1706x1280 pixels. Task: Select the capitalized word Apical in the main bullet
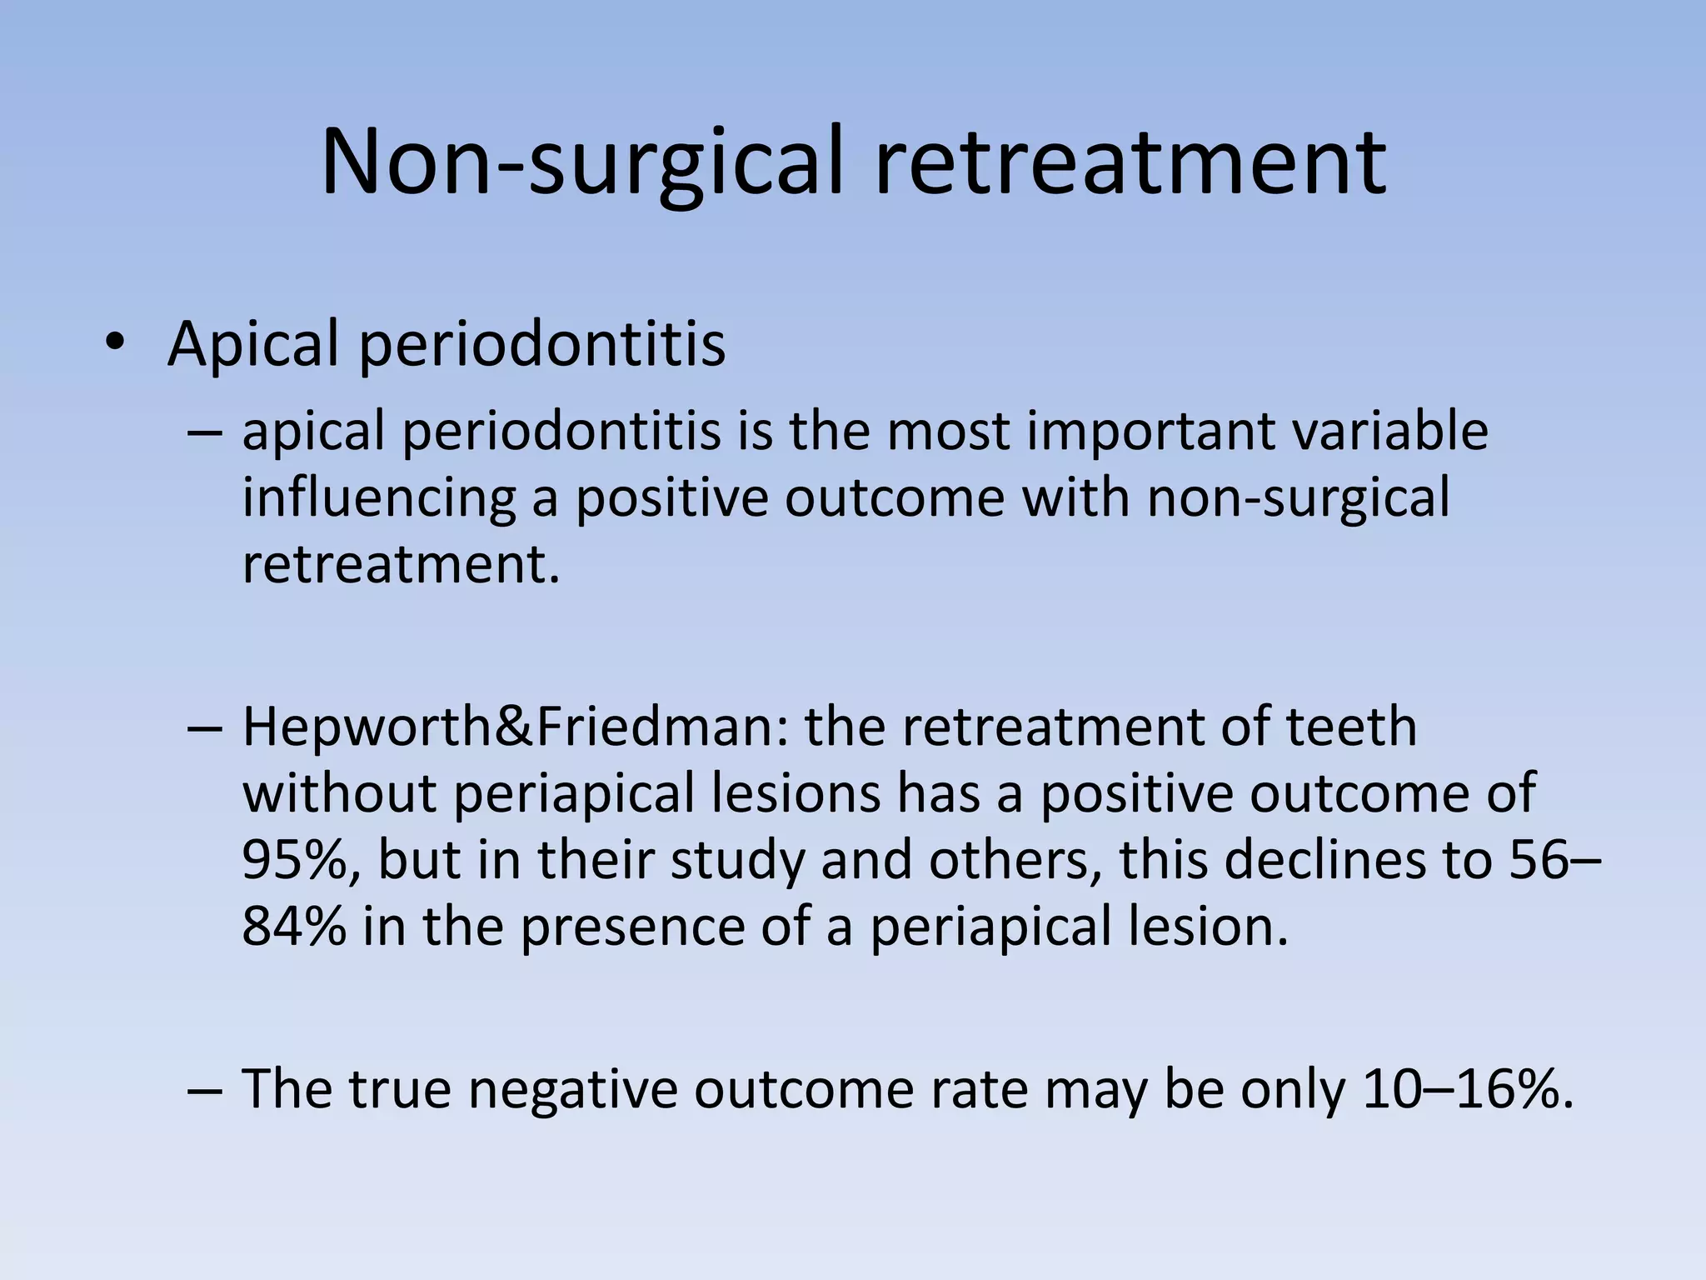tap(254, 344)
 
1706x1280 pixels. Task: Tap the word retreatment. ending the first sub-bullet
tap(401, 564)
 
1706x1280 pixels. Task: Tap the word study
tap(737, 861)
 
